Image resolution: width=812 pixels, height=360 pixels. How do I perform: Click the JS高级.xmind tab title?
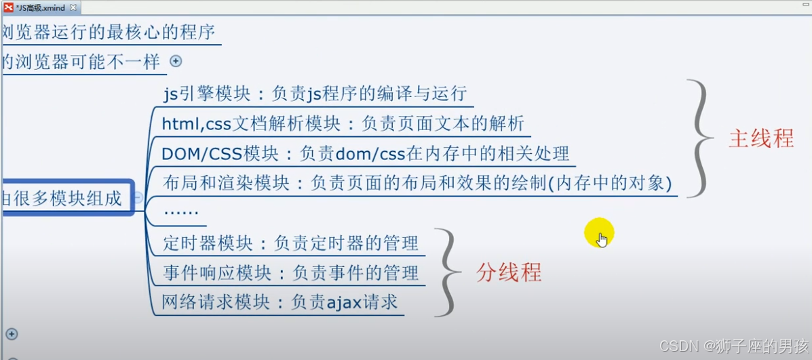[x=40, y=7]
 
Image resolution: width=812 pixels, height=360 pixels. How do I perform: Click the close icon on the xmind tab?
[x=73, y=7]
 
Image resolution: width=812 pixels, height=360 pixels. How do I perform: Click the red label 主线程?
[x=761, y=138]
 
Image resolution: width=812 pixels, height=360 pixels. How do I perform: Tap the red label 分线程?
[x=509, y=273]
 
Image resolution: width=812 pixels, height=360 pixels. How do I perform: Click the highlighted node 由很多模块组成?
[x=64, y=198]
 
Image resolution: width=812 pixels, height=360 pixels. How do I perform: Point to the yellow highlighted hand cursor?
[x=600, y=235]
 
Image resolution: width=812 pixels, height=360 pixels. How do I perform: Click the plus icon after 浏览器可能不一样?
[x=176, y=61]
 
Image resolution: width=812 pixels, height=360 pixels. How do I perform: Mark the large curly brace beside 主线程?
[x=699, y=138]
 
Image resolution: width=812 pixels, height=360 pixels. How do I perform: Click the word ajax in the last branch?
[x=344, y=302]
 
